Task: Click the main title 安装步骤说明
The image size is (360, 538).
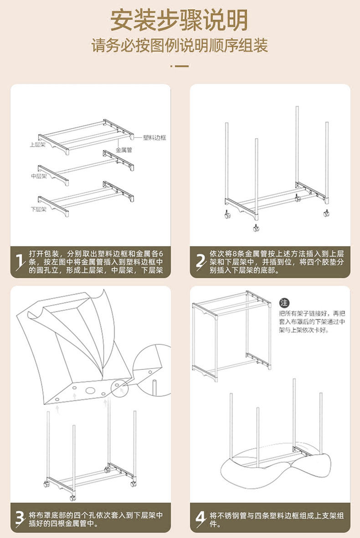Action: (x=180, y=20)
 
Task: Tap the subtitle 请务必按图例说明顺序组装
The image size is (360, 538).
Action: (x=180, y=46)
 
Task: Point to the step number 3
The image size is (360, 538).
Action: (x=20, y=517)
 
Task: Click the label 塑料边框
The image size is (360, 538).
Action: (x=154, y=137)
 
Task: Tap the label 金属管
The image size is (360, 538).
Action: (x=123, y=150)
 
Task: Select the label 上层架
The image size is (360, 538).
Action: (x=37, y=145)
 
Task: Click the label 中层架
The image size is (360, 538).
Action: (x=39, y=176)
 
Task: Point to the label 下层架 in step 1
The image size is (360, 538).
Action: (x=39, y=209)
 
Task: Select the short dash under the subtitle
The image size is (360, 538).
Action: (x=180, y=66)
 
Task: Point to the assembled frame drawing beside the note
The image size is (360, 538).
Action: (x=232, y=335)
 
